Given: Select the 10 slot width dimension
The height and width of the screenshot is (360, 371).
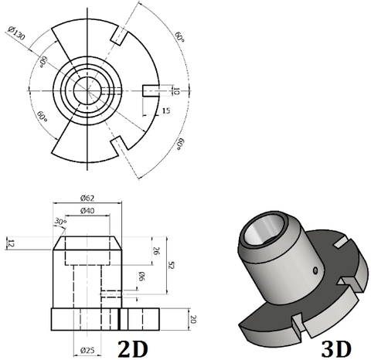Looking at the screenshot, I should click(175, 90).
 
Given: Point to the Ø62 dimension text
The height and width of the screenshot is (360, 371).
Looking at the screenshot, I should click(87, 198).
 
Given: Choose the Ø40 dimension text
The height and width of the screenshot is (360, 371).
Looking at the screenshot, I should click(87, 212).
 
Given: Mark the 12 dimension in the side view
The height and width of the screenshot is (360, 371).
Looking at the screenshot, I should click(11, 243).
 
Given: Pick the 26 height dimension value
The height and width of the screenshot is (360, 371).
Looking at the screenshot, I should click(156, 251).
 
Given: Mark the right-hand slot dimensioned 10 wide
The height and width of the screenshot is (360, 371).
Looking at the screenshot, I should click(151, 90).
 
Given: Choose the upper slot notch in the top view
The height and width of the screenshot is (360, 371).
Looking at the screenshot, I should click(119, 36).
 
